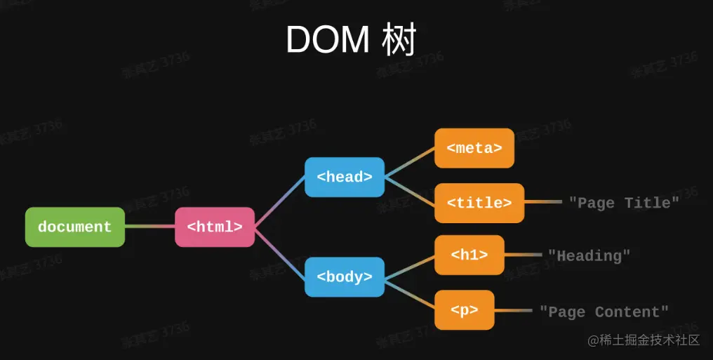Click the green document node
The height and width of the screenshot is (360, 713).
point(75,227)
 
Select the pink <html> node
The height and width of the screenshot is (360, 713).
point(215,227)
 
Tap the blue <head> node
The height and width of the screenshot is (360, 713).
point(345,177)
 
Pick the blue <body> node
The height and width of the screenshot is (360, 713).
point(345,276)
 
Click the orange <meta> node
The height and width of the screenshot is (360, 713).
point(474,148)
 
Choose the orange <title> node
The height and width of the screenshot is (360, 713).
point(479,203)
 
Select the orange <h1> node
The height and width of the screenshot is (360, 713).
point(469,255)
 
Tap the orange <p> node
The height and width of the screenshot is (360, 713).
point(465,309)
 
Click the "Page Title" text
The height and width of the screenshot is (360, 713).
point(624,203)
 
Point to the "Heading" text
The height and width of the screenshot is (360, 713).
point(589,255)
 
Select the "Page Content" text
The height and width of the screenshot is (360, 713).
point(604,312)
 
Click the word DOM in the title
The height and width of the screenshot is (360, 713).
point(327,40)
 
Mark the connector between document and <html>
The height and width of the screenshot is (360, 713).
point(149,227)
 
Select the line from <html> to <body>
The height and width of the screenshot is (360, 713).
point(279,252)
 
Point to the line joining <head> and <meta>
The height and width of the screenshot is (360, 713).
point(409,163)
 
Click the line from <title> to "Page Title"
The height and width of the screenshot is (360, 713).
point(543,202)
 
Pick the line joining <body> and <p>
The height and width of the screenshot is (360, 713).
point(409,293)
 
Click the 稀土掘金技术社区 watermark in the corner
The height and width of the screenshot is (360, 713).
point(644,340)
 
